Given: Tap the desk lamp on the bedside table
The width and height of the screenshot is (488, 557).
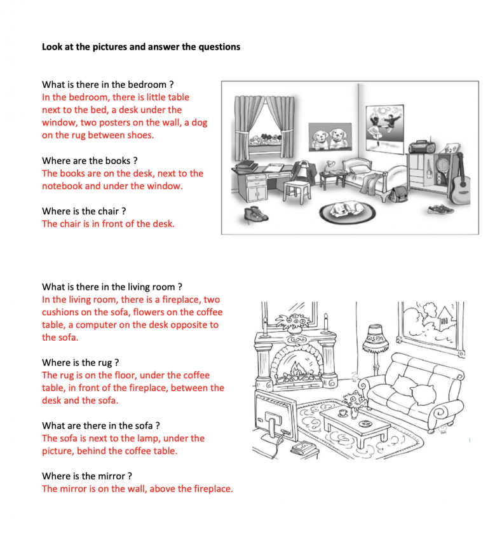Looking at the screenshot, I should click(330, 165).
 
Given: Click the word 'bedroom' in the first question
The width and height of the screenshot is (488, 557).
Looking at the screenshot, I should click(147, 85).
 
